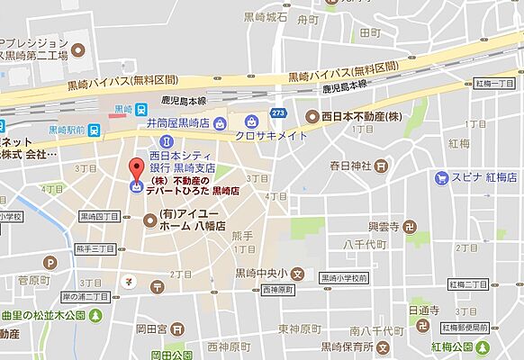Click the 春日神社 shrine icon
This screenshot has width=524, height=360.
[x=382, y=166]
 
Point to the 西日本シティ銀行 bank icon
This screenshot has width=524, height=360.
[x=165, y=141]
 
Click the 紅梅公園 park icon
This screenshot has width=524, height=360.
[x=468, y=346]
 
